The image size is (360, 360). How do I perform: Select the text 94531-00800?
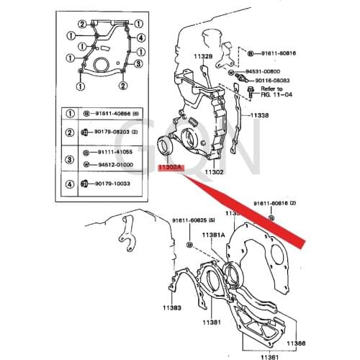click(x=267, y=72)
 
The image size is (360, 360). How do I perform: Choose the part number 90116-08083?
click(x=272, y=81)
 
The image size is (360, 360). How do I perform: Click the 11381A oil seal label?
click(x=213, y=235)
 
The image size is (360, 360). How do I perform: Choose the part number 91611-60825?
click(x=189, y=220)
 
